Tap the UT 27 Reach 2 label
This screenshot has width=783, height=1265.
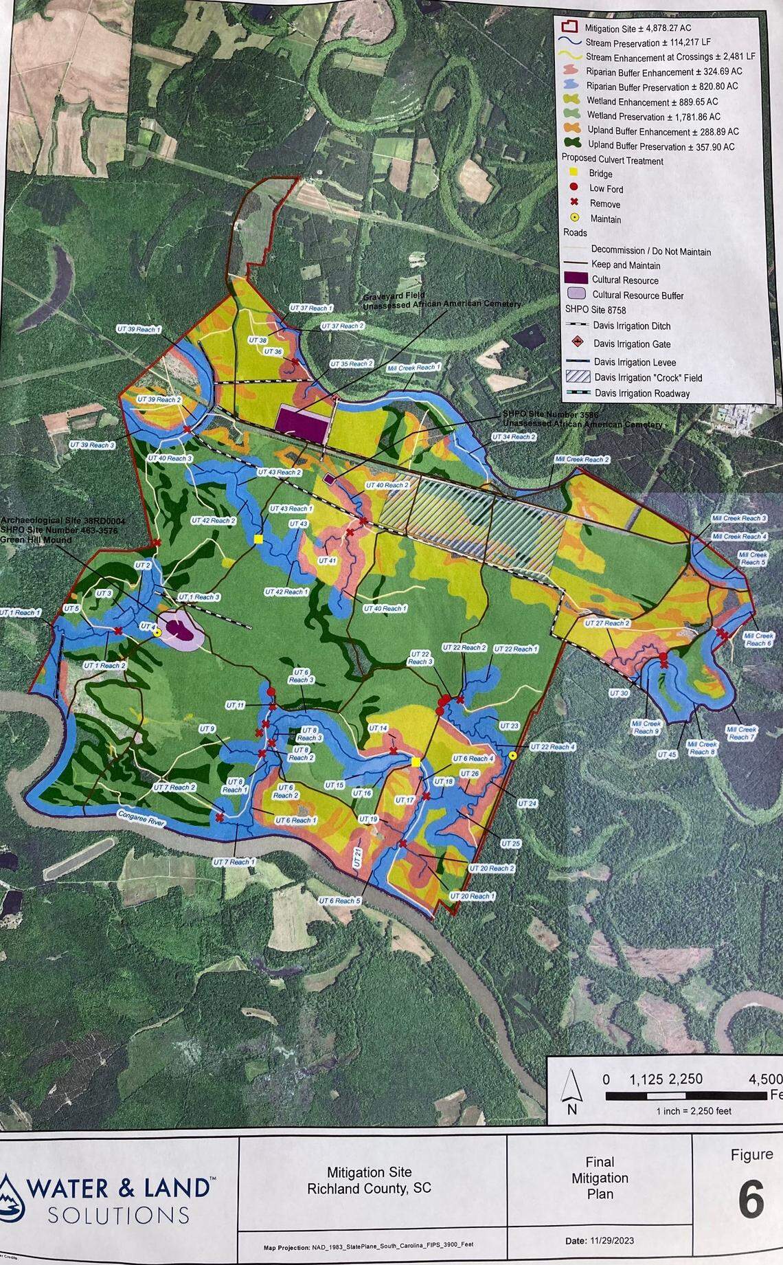pos(606,623)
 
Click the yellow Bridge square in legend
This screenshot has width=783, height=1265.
pos(574,173)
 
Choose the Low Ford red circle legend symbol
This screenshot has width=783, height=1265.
pos(574,188)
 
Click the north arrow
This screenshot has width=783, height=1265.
pos(569,1093)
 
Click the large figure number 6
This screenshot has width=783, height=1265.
pos(751,1200)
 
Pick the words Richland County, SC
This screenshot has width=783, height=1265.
pos(369,1188)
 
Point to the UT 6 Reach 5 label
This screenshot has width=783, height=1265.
pos(339,900)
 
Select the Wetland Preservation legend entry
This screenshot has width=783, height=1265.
pos(652,116)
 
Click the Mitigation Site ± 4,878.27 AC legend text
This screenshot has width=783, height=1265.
pos(637,28)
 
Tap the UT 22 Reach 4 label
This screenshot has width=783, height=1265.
pos(553,747)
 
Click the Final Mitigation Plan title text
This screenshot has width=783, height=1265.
pos(600,1177)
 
